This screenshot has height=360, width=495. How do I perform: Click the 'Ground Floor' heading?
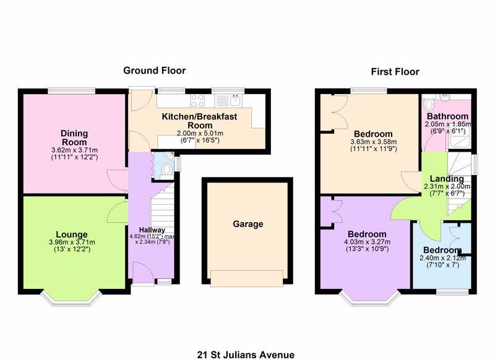pos(154,71)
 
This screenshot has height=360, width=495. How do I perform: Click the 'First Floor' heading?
pos(395,72)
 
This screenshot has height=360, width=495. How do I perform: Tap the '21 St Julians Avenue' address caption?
pos(246,354)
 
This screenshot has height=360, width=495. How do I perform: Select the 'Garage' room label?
pos(248,224)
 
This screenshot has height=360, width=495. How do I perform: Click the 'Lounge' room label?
pos(71,234)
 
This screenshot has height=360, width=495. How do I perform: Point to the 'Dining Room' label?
pos(74,137)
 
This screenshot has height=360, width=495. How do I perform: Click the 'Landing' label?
pos(447,179)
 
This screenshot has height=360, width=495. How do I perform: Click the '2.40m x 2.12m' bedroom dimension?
pos(442,258)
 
